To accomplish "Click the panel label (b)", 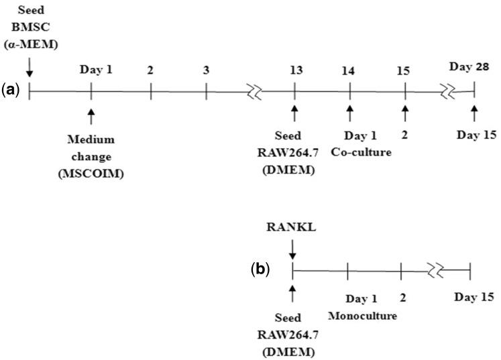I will (260, 270).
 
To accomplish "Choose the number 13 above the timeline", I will (295, 69).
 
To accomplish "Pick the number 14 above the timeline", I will (349, 69).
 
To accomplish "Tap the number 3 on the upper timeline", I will (206, 69).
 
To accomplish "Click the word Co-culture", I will (361, 152).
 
